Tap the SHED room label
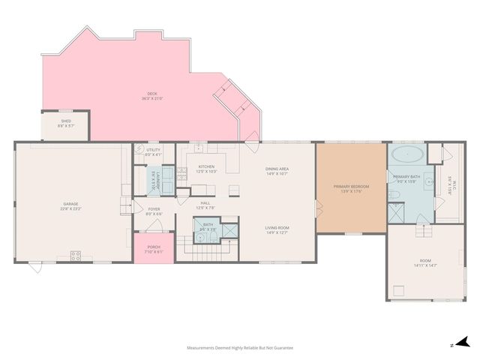tap(65, 123)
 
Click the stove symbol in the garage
tap(76, 255)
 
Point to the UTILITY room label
tap(153, 151)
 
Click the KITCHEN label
tap(205, 168)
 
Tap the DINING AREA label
tap(277, 171)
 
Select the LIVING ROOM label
tap(277, 229)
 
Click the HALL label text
tap(205, 204)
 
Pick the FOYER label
tap(154, 211)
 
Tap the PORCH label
tap(153, 248)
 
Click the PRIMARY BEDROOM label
tap(350, 188)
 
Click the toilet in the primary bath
tap(396, 196)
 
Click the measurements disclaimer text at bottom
tap(240, 348)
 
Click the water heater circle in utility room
tap(139, 150)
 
